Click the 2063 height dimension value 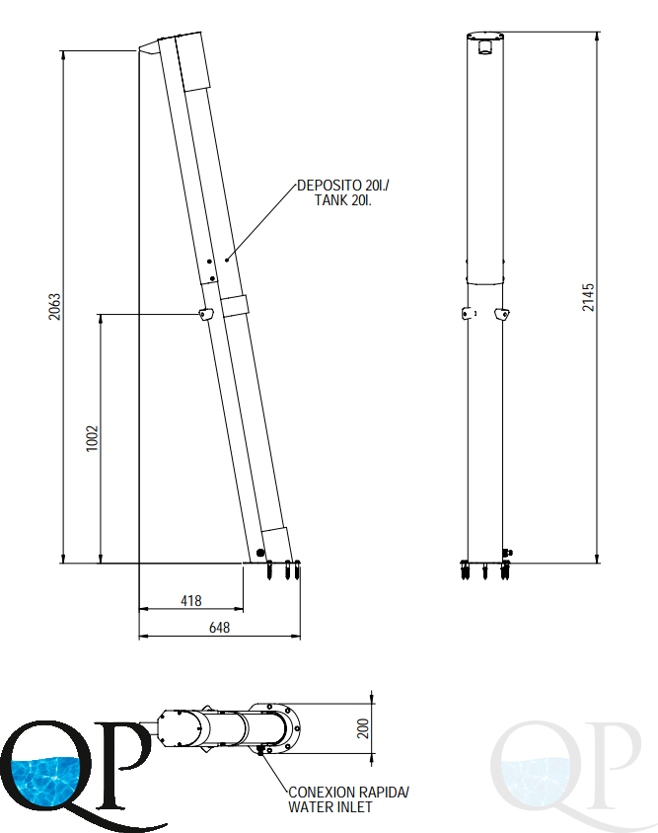54,307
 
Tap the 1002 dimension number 93,438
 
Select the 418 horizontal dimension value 191,601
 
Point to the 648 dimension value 219,628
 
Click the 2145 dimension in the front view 588,297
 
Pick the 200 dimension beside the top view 363,728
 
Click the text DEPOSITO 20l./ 343,186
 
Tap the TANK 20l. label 343,200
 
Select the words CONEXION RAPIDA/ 348,793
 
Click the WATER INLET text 329,807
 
